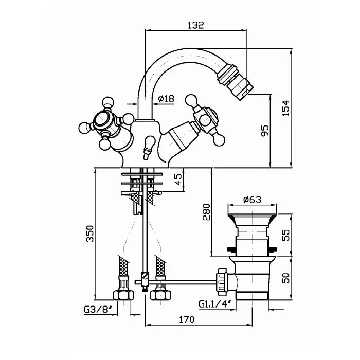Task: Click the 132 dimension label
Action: point(195,25)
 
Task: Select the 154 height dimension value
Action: point(286,108)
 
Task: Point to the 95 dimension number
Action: point(265,131)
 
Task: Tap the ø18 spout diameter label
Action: point(166,99)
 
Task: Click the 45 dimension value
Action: point(178,179)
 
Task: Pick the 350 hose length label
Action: point(90,233)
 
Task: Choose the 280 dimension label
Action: point(206,212)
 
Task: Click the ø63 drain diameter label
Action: point(253,200)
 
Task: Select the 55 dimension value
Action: point(286,235)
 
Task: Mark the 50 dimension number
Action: point(286,278)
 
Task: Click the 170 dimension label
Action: point(187,319)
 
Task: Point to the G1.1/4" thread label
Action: point(214,304)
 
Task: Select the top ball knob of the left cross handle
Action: point(108,102)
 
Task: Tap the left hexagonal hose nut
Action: point(123,295)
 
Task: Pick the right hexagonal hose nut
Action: point(160,295)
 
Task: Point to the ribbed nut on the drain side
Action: point(222,282)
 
